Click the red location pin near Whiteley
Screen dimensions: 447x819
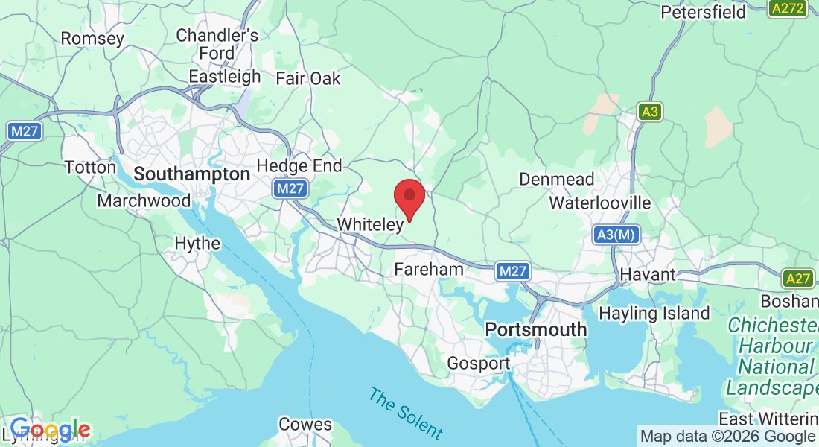(x=409, y=197)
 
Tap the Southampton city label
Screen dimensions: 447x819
(x=192, y=174)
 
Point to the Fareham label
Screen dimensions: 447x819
(x=429, y=269)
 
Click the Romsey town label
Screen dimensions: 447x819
(x=92, y=38)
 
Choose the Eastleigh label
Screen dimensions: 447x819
(x=225, y=77)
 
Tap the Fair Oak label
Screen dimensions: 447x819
(x=307, y=78)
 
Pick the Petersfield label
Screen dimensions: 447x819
(x=704, y=12)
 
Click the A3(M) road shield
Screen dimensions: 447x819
(x=616, y=235)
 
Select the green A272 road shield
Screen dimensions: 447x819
(x=786, y=9)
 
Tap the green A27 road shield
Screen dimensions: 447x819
(x=797, y=279)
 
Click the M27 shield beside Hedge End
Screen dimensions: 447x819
(x=289, y=189)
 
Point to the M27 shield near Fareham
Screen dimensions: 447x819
(x=513, y=272)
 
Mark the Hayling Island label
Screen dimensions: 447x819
(x=654, y=314)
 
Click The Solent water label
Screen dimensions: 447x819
(x=406, y=413)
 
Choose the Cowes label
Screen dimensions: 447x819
(x=305, y=425)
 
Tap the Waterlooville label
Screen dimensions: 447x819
(x=600, y=203)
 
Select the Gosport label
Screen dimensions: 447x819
(x=479, y=364)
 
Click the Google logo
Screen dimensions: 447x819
(x=50, y=430)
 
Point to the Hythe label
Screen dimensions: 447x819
(x=197, y=244)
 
